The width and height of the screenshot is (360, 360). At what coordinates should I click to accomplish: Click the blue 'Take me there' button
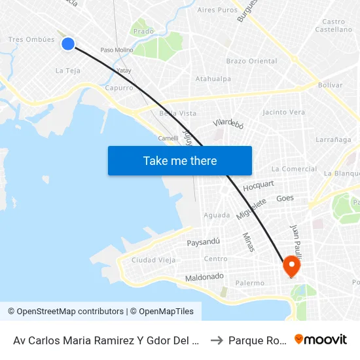click(x=180, y=160)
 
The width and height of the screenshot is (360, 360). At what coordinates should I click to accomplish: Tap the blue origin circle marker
click(x=68, y=44)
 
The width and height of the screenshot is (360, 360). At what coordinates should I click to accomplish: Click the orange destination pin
click(x=291, y=266)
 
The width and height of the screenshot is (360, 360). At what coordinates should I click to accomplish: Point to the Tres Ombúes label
click(x=31, y=39)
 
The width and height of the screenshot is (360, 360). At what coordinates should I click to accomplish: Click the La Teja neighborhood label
click(x=68, y=71)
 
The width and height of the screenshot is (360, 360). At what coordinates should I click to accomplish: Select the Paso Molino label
click(x=117, y=50)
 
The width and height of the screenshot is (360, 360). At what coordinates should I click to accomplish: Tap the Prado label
click(x=143, y=31)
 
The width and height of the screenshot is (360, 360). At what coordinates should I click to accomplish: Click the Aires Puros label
click(x=217, y=10)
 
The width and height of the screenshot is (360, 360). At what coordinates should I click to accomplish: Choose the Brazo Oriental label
click(x=251, y=61)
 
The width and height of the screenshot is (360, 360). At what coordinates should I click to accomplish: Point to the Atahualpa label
click(x=213, y=79)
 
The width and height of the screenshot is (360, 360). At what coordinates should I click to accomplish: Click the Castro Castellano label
click(x=334, y=26)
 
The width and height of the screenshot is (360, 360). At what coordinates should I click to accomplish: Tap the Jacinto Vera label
click(x=283, y=112)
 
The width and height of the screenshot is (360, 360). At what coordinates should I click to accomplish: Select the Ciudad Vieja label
click(x=153, y=260)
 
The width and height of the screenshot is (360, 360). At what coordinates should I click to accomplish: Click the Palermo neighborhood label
click(x=249, y=283)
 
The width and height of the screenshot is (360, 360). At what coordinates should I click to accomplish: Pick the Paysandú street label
click(x=203, y=242)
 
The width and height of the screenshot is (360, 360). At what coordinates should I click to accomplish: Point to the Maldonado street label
click(x=204, y=276)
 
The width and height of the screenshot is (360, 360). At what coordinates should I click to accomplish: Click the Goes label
click(x=285, y=198)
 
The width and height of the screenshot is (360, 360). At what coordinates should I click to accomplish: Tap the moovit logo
click(x=321, y=340)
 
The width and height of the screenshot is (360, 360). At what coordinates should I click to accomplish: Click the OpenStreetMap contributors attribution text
click(x=65, y=312)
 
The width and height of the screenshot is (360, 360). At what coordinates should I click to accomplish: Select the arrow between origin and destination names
click(x=217, y=340)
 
